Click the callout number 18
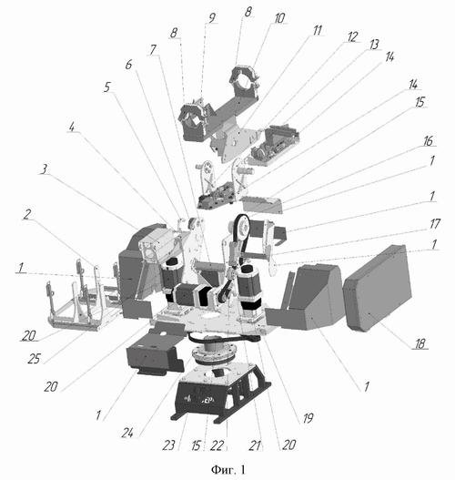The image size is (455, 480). point(420,343)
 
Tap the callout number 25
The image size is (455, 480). point(34,359)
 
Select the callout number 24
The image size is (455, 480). point(127,433)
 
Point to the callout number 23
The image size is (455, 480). point(168,445)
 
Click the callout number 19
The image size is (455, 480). point(308,418)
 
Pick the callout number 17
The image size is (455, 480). point(435,224)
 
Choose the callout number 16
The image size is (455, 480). point(428,141)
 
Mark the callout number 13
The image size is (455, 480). point(374,45)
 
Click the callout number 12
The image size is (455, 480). point(352,37)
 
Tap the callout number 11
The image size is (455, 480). point(318,30)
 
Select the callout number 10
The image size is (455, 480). point(279,18)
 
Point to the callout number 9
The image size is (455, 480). point(212,17)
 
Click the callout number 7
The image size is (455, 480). point(153,49)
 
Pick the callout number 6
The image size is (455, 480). point(128,65)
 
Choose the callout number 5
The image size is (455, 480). point(106,87)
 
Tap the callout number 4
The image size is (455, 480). point(72,127)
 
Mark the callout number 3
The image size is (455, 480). point(45,169)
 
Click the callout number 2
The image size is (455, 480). point(27,214)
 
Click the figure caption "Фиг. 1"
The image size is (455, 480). point(227,469)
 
